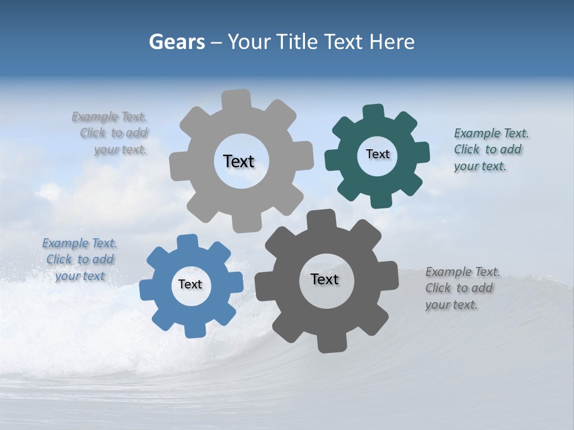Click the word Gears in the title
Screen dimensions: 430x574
pyautogui.click(x=177, y=42)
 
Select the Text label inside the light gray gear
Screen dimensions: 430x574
pyautogui.click(x=239, y=161)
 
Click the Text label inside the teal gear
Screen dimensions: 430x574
pyautogui.click(x=377, y=154)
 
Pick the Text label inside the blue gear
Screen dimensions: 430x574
pyautogui.click(x=190, y=285)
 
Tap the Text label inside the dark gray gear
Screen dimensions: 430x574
pyautogui.click(x=325, y=279)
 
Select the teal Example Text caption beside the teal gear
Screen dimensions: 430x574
pyautogui.click(x=490, y=149)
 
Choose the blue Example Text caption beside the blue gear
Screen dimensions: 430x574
pyautogui.click(x=80, y=260)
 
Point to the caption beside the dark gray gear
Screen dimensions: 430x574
pyautogui.click(x=462, y=288)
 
